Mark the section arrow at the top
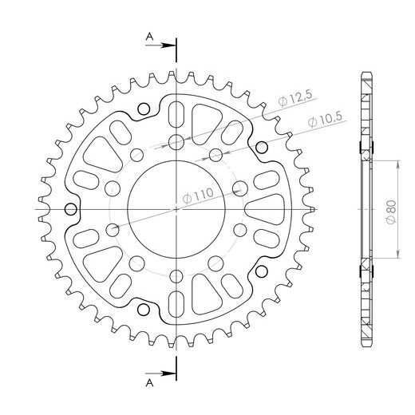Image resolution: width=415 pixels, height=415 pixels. pos(166,45)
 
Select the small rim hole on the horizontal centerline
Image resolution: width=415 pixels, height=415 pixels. pos(71,210)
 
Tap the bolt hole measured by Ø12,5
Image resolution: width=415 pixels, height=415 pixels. pos(176,144)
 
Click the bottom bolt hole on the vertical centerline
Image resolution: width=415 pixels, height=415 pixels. pos(176,275)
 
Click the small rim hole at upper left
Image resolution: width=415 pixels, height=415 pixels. pos(144,109)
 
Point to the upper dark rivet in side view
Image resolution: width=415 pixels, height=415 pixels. pos(373,145)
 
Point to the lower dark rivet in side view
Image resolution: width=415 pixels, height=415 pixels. pos(373,273)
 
